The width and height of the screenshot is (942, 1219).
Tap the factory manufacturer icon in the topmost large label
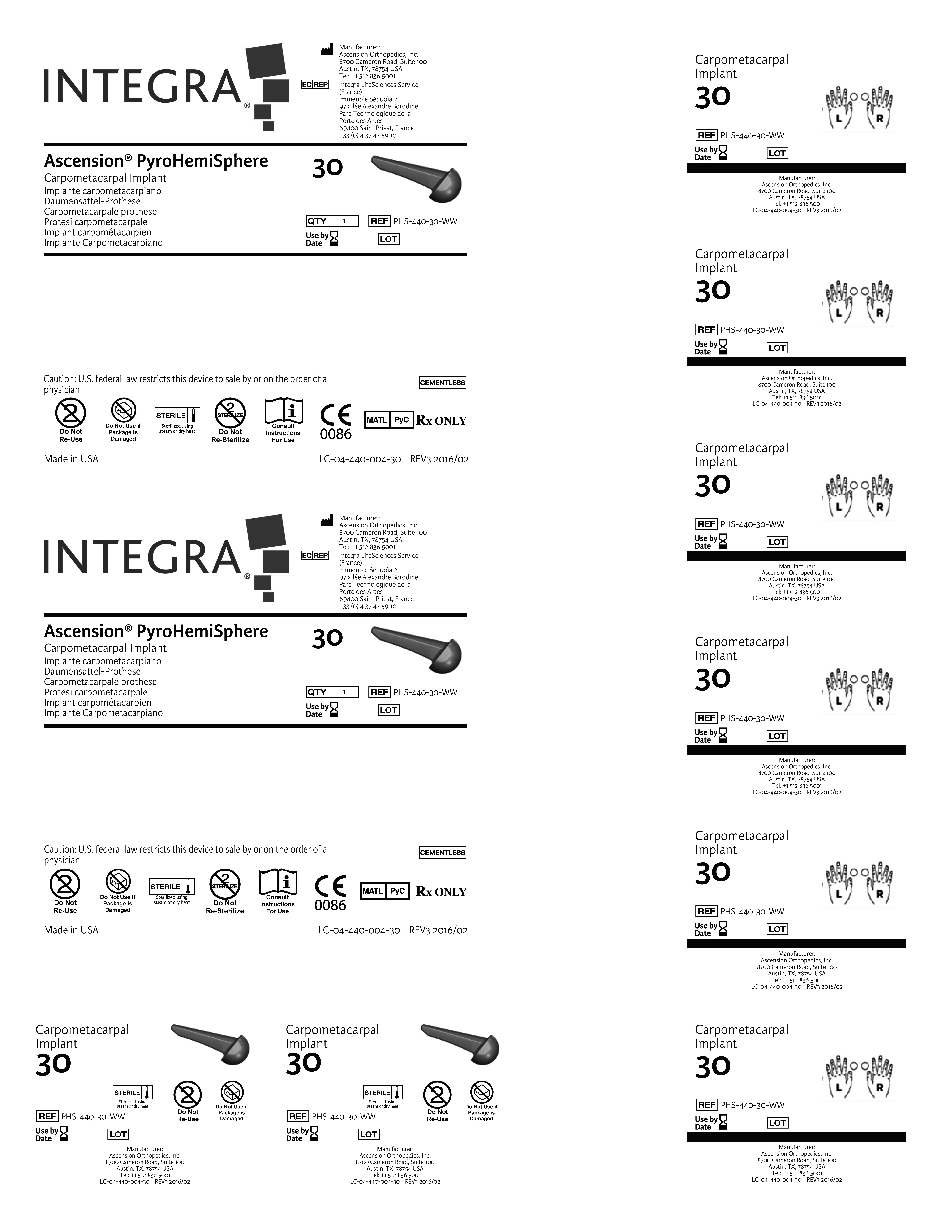[327, 50]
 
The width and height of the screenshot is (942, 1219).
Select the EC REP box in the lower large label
[315, 555]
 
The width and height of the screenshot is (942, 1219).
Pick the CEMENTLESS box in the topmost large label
[443, 383]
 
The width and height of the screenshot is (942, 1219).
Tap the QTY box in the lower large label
[332, 692]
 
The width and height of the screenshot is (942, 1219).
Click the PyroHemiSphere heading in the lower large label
[202, 631]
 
